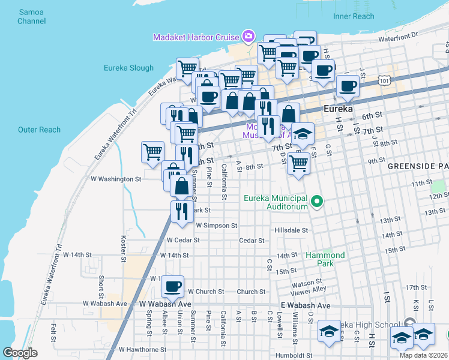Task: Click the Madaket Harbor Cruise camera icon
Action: click(x=248, y=37)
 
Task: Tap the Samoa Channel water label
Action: click(x=32, y=16)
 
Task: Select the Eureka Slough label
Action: click(x=128, y=68)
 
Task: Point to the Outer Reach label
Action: click(x=40, y=130)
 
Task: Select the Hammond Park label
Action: click(x=325, y=259)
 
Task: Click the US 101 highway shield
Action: click(x=385, y=79)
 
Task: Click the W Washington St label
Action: click(x=115, y=179)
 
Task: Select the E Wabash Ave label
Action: click(x=306, y=305)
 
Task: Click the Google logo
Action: click(x=20, y=353)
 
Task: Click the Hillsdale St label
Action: click(x=291, y=230)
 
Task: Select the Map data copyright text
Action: click(x=424, y=355)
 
